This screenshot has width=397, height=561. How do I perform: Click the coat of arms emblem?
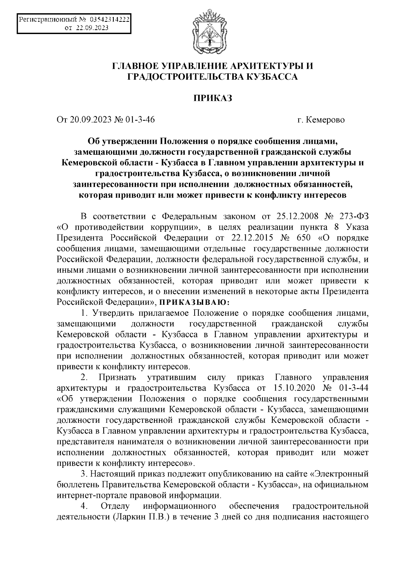(209, 33)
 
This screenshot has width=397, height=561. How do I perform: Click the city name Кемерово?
(326, 119)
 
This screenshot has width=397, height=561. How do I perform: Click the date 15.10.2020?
(296, 388)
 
